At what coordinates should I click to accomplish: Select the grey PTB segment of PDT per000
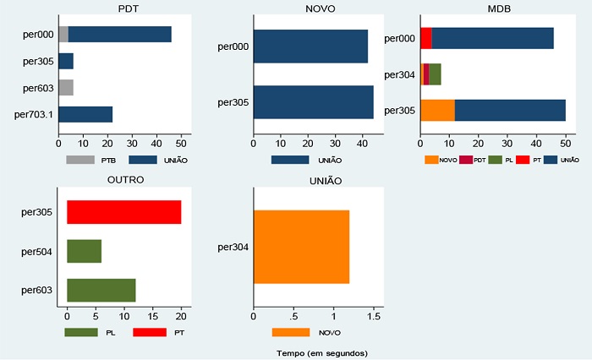click(63, 34)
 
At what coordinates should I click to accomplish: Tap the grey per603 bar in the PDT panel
click(66, 87)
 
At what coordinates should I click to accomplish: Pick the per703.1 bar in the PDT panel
click(85, 114)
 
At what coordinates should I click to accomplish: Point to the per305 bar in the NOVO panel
click(313, 102)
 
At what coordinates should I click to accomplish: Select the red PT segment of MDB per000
click(425, 39)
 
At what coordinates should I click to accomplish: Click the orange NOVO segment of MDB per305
click(437, 110)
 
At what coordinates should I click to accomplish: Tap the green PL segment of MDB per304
click(435, 74)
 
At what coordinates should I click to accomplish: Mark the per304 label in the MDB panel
click(399, 74)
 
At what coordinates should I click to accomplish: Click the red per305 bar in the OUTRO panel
click(124, 212)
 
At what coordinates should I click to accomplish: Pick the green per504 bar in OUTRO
click(84, 251)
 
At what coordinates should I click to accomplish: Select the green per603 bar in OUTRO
click(101, 290)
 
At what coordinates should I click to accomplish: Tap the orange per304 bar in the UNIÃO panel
click(301, 247)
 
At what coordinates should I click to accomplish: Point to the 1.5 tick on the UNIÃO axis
click(373, 316)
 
